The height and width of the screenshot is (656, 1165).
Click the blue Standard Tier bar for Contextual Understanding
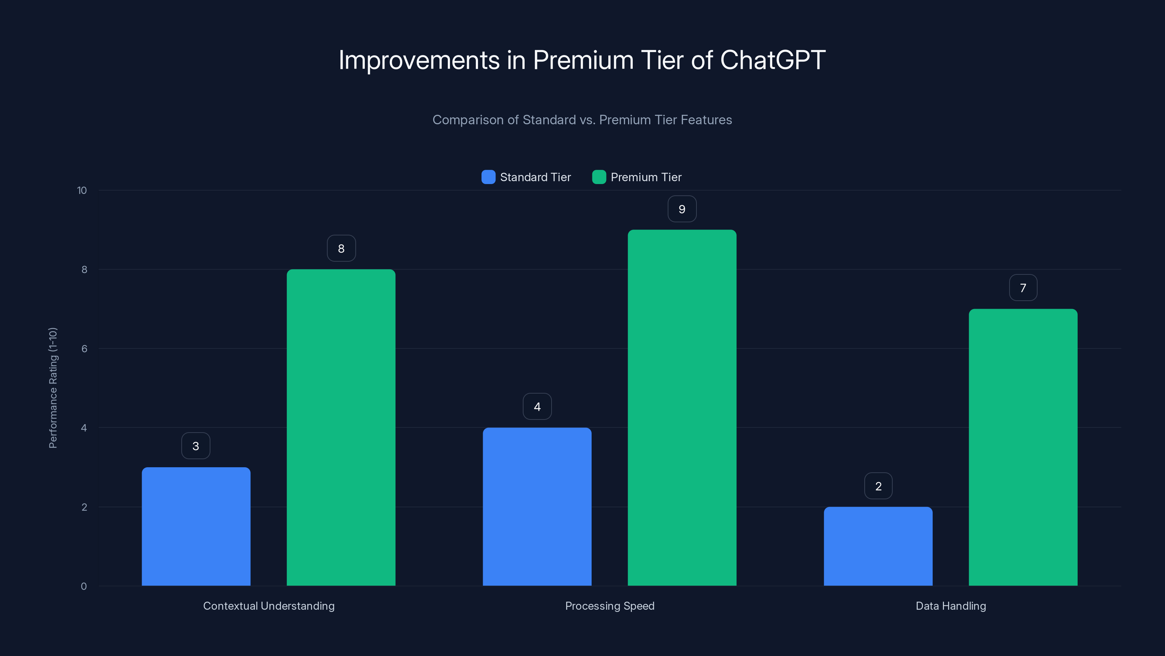click(196, 527)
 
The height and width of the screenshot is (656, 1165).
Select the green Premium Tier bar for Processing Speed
click(682, 407)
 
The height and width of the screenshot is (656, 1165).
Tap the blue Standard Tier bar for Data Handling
click(878, 546)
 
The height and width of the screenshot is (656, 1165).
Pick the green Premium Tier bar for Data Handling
click(1023, 447)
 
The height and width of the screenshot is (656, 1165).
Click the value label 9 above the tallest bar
click(682, 209)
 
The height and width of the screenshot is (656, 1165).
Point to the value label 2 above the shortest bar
click(878, 486)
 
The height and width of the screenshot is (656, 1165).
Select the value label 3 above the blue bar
click(196, 446)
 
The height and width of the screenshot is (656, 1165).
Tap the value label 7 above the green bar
click(1023, 288)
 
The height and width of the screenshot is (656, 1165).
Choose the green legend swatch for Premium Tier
click(599, 177)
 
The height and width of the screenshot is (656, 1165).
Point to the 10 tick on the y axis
click(82, 191)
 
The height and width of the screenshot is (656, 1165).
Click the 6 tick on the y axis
click(84, 349)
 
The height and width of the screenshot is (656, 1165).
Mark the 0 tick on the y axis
click(84, 586)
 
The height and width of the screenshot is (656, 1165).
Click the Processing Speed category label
click(610, 606)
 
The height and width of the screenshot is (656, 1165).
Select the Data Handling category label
click(951, 606)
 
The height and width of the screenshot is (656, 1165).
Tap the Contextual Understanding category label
click(269, 606)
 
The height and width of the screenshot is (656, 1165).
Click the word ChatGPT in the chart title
click(773, 60)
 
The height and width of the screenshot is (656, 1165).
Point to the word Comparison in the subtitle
click(467, 120)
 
